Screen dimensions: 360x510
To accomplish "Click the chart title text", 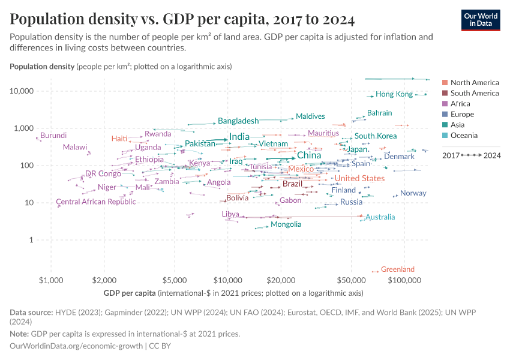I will pyautogui.click(x=182, y=20).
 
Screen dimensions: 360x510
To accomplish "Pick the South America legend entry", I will pyautogui.click(x=474, y=93).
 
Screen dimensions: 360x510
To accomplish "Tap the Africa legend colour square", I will pyautogui.click(x=445, y=104).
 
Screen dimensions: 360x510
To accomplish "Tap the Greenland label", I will pyautogui.click(x=397, y=269).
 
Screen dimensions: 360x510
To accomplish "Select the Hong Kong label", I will pyautogui.click(x=394, y=94).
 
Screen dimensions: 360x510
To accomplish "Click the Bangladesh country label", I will pyautogui.click(x=238, y=121).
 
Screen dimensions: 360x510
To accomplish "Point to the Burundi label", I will pyautogui.click(x=53, y=135).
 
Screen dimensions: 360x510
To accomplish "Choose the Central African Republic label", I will pyautogui.click(x=96, y=202).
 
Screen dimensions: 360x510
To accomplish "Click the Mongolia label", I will pyautogui.click(x=286, y=224).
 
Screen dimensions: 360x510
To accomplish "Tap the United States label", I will pyautogui.click(x=359, y=178).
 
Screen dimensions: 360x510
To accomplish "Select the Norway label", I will pyautogui.click(x=413, y=193).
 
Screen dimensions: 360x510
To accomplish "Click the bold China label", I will pyautogui.click(x=309, y=155).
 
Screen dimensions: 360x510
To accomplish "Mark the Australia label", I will pyautogui.click(x=380, y=217).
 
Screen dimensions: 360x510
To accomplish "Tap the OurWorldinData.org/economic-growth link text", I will pyautogui.click(x=77, y=346).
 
